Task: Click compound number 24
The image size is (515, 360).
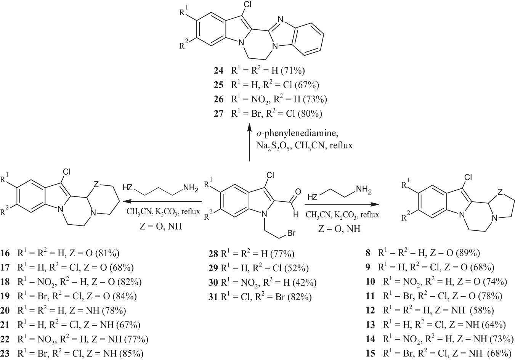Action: point(218,71)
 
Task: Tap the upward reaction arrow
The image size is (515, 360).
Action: point(250,145)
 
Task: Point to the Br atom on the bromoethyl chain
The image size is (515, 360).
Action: point(292,233)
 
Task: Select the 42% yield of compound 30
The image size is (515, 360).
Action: point(304,283)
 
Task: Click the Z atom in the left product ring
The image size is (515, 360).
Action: point(96,185)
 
